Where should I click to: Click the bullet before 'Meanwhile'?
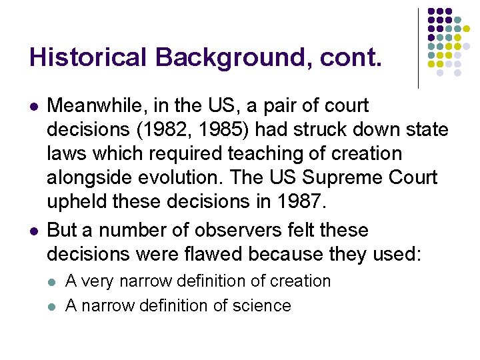tap(33, 107)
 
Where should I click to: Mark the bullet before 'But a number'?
tap(33, 231)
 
